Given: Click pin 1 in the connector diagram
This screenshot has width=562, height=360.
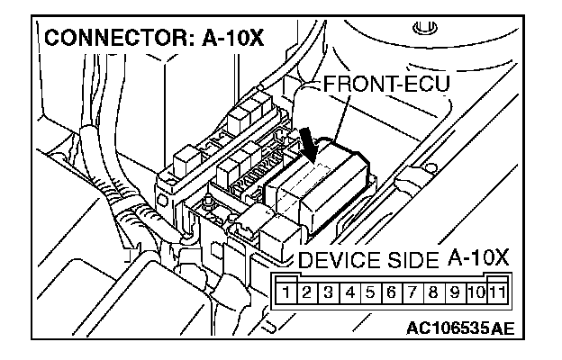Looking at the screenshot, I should point(286,292).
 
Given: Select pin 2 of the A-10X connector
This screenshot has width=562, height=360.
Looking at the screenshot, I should point(306,292).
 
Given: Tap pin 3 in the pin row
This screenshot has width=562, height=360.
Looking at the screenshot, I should point(328,292).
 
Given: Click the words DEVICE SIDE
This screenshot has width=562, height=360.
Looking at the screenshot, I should point(368,263).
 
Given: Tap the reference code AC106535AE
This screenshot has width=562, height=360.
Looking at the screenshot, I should point(459,328).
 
